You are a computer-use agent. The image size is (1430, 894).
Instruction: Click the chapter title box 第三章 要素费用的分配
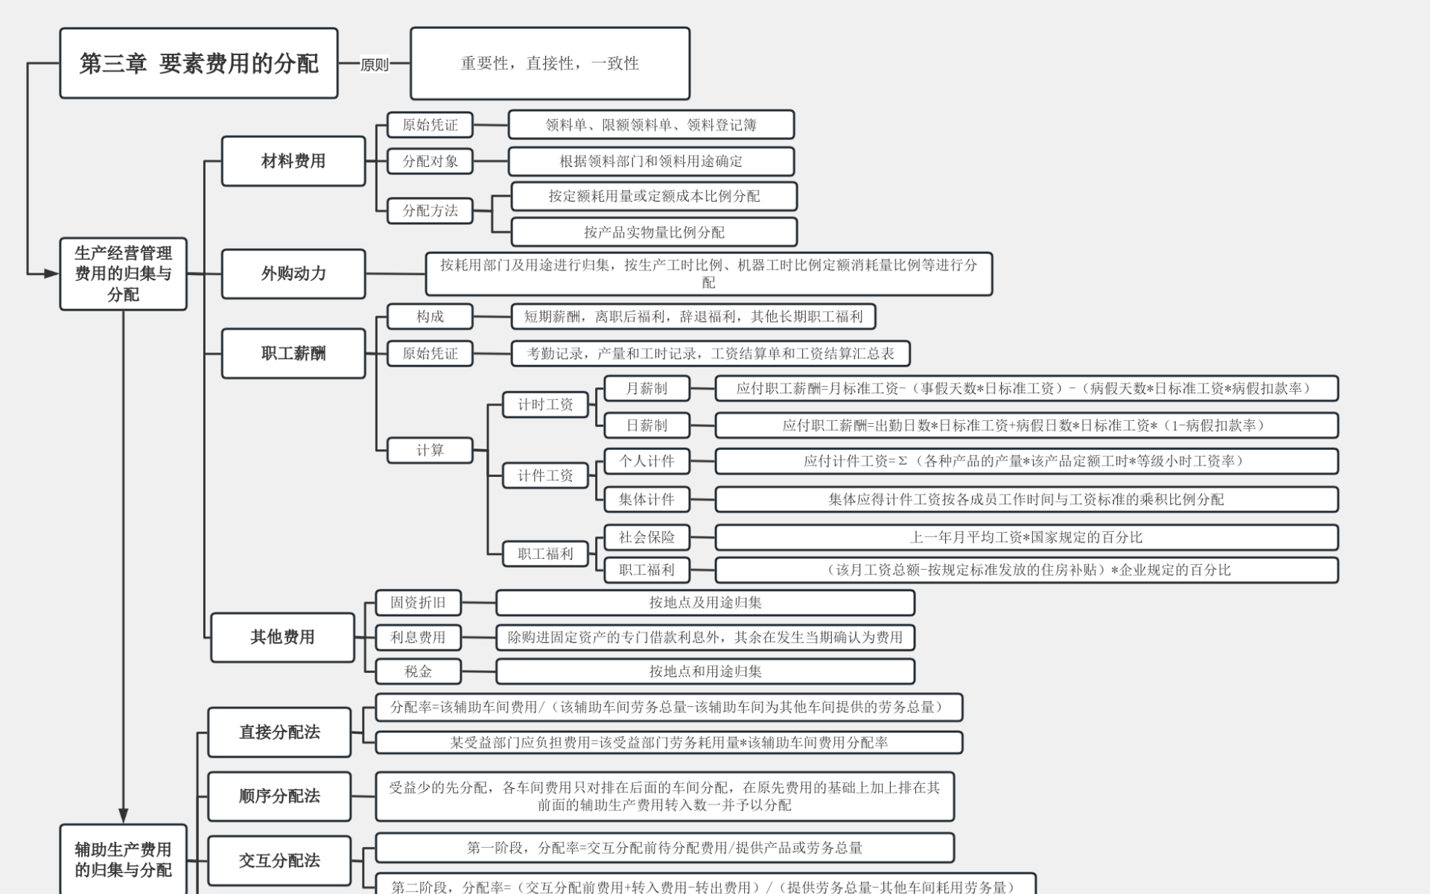click(199, 63)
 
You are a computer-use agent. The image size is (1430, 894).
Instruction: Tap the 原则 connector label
click(374, 65)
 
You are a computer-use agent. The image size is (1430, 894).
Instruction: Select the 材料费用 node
click(293, 161)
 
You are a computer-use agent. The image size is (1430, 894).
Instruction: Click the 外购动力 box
click(293, 273)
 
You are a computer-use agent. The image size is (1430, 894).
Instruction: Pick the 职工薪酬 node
click(293, 353)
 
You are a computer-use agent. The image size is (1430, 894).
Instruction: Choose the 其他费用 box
click(282, 637)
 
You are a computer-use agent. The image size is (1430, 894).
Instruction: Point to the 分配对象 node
click(430, 161)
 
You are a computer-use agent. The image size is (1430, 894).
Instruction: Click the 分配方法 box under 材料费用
click(430, 211)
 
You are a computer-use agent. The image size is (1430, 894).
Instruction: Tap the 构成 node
click(430, 317)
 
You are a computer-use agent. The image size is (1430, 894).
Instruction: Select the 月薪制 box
click(646, 388)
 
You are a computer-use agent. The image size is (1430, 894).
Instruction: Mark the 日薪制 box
click(646, 425)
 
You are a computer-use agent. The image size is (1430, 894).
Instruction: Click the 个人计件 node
click(646, 461)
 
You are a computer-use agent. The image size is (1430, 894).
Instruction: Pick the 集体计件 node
click(646, 499)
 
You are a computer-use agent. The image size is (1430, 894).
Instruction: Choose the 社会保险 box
click(646, 537)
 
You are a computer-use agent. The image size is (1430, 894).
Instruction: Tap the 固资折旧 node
click(418, 603)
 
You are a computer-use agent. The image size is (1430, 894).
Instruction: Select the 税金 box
click(418, 671)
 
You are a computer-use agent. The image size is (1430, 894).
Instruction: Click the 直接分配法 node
click(279, 732)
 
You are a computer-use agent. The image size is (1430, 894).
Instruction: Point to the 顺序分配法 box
click(279, 796)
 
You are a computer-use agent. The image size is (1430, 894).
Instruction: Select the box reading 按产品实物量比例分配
click(654, 232)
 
